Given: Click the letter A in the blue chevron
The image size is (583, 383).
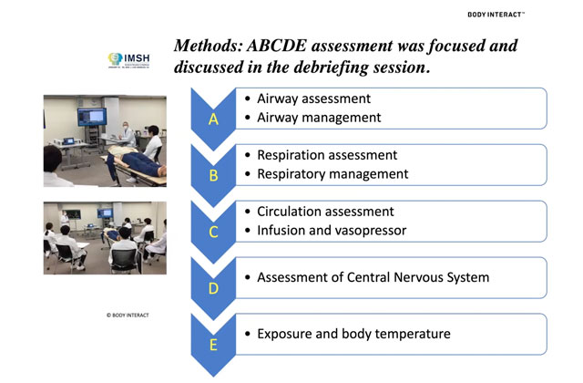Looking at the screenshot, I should click(x=213, y=119).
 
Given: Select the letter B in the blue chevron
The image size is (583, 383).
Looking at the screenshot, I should click(x=213, y=175).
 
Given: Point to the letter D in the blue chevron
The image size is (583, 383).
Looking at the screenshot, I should click(x=213, y=288).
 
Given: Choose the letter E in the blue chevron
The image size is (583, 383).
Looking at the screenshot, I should click(x=213, y=345).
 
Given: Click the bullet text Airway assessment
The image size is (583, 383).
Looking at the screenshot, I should click(x=314, y=98).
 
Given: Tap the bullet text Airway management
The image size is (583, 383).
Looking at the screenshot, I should click(x=319, y=117).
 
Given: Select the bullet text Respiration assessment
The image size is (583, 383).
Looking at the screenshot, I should click(x=327, y=155).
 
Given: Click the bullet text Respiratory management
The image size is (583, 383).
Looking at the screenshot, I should click(x=332, y=173).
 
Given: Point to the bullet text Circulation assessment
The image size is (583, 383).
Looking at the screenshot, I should click(x=325, y=212).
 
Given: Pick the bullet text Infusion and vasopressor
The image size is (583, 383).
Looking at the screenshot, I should click(x=331, y=230).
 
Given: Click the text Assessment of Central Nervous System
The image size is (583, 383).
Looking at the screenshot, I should click(x=373, y=277).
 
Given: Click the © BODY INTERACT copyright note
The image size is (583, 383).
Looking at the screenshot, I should click(x=128, y=315).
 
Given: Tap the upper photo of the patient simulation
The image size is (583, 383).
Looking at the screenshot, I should click(x=105, y=141).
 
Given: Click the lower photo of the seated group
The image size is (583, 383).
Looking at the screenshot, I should click(x=105, y=237).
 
